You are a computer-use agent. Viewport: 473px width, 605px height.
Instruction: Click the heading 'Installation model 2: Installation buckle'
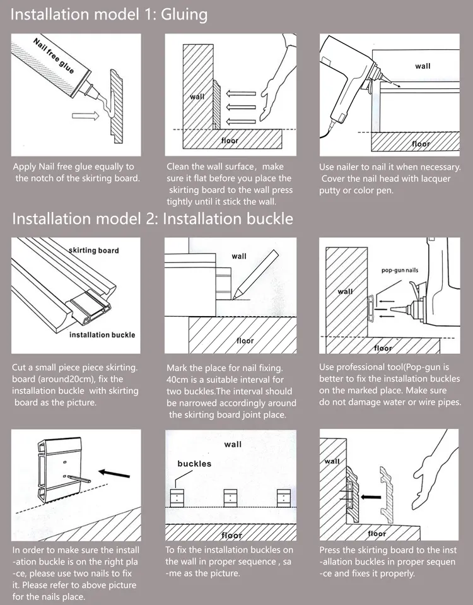pyautogui.click(x=153, y=218)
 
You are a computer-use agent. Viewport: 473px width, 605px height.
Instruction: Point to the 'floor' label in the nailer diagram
pyautogui.click(x=421, y=144)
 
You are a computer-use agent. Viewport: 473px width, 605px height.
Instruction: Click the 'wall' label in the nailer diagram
pyautogui.click(x=423, y=66)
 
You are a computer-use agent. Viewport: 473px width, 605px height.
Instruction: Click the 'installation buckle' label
pyautogui.click(x=102, y=334)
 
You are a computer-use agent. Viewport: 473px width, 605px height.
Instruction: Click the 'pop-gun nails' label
pyautogui.click(x=399, y=270)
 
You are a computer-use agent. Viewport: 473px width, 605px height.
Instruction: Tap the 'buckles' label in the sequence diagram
pyautogui.click(x=194, y=464)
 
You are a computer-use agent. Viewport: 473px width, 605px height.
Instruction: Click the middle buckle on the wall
pyautogui.click(x=231, y=497)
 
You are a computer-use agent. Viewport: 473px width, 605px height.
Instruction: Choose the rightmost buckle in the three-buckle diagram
pyautogui.click(x=284, y=497)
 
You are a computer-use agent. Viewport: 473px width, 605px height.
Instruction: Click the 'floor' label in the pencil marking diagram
pyautogui.click(x=245, y=341)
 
